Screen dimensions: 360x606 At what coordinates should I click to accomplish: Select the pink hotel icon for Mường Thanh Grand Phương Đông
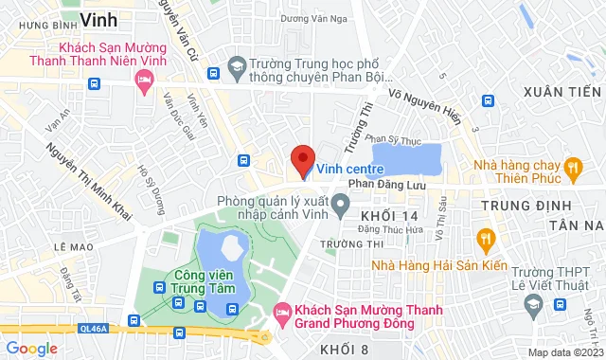coord(281,313)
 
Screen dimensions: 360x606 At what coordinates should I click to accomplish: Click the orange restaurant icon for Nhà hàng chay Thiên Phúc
coord(571,169)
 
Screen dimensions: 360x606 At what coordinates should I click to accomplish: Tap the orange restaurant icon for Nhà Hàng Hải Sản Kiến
coord(486,236)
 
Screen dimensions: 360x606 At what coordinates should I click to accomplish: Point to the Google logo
coord(30,349)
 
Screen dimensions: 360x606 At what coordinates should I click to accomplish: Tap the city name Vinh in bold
coord(98,19)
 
